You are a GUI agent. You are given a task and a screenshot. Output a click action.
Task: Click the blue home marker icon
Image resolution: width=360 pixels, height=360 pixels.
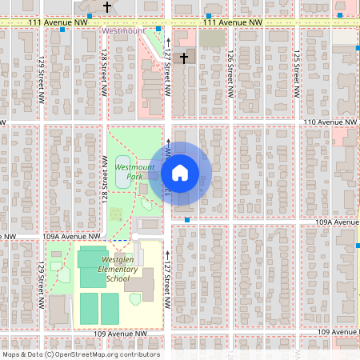(180, 172)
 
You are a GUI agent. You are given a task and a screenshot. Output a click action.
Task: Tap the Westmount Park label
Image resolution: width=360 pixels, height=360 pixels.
(128, 171)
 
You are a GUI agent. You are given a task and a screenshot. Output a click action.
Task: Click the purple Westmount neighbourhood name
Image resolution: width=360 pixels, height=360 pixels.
(124, 30)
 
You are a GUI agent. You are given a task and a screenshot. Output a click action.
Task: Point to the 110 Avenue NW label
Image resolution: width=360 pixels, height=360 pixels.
(329, 122)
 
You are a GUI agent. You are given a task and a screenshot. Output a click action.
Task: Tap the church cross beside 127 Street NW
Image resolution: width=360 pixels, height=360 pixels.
(184, 58)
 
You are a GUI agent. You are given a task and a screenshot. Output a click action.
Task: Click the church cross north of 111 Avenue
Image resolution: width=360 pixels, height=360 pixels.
(107, 6)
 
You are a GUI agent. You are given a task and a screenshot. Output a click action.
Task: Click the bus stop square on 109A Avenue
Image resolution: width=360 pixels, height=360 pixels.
(186, 219)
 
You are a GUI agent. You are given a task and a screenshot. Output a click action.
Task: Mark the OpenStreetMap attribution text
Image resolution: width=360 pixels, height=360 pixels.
(80, 354)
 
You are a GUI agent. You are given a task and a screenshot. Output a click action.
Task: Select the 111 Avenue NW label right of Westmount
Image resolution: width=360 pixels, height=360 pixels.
(233, 22)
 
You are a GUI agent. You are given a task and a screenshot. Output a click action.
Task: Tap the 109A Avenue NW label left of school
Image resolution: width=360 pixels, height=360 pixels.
(72, 237)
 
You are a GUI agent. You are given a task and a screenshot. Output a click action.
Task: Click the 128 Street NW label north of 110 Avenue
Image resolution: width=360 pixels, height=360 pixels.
(104, 72)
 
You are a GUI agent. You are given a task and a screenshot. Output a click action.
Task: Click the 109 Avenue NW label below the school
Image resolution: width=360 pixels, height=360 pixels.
(119, 333)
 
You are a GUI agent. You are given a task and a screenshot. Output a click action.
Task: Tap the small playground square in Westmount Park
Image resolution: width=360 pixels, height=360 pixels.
(117, 214)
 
